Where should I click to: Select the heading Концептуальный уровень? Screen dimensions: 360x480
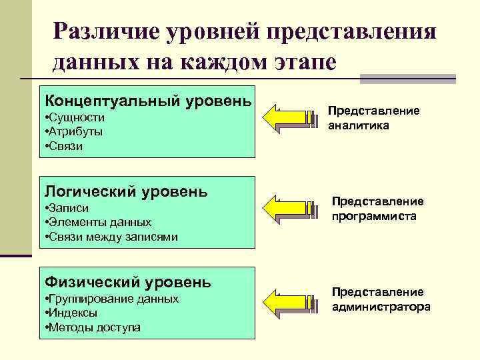click(x=147, y=101)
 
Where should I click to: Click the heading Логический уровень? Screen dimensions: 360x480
click(x=126, y=192)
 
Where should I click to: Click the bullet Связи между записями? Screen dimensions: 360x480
click(x=111, y=237)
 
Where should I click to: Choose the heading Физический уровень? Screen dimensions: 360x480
click(x=127, y=283)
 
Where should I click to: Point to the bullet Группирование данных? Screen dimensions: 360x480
click(x=111, y=299)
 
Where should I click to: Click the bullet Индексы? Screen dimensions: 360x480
click(x=71, y=313)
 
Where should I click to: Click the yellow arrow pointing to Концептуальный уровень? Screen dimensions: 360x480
click(x=290, y=118)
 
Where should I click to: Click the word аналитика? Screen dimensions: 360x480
click(x=359, y=125)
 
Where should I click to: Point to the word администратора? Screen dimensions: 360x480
click(x=381, y=307)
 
